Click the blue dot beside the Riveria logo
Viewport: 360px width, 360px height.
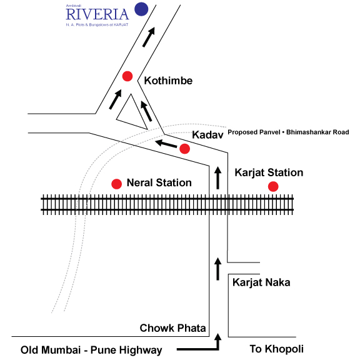pyautogui.click(x=141, y=9)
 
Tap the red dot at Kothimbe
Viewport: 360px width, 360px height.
pyautogui.click(x=127, y=76)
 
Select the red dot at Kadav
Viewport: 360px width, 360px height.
pyautogui.click(x=184, y=149)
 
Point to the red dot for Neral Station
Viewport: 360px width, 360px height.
pyautogui.click(x=116, y=184)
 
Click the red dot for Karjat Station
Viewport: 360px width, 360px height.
pyautogui.click(x=273, y=186)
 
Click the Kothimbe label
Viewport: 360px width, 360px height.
pyautogui.click(x=168, y=81)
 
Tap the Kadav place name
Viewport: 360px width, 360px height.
pyautogui.click(x=207, y=135)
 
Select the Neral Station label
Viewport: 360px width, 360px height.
pyautogui.click(x=159, y=182)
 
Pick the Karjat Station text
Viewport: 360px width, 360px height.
pyautogui.click(x=269, y=172)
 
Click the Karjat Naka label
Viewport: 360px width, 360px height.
pyautogui.click(x=261, y=282)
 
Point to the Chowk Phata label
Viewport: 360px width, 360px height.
pyautogui.click(x=172, y=328)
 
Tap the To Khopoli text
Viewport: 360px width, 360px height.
pyautogui.click(x=277, y=349)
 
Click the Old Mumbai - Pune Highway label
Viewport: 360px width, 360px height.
pyautogui.click(x=91, y=350)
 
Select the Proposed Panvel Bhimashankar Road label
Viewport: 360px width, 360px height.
pyautogui.click(x=288, y=132)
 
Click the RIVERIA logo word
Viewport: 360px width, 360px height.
pyautogui.click(x=97, y=14)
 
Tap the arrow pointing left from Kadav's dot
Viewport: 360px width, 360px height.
pyautogui.click(x=166, y=144)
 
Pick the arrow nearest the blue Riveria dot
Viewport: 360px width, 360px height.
pyautogui.click(x=149, y=37)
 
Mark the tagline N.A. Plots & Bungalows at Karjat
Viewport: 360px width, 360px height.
pyautogui.click(x=97, y=24)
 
